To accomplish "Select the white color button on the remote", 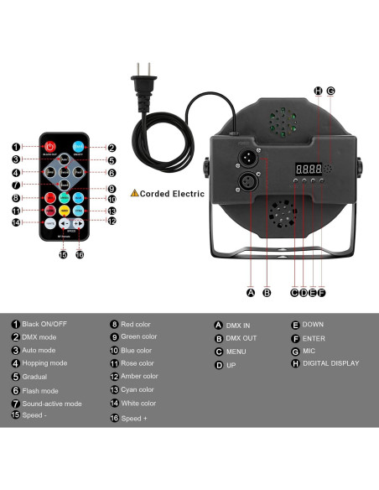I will [x=50, y=224].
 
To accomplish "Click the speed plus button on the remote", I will [x=78, y=224].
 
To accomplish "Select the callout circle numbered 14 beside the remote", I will [x=16, y=222].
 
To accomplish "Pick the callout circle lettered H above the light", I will [x=318, y=91].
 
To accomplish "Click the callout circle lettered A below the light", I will [x=250, y=293].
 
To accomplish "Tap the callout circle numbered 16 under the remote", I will [x=80, y=254].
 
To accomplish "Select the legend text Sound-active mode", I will [x=52, y=404].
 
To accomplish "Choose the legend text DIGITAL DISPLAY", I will [x=331, y=363].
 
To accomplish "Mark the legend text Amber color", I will [x=139, y=377].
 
